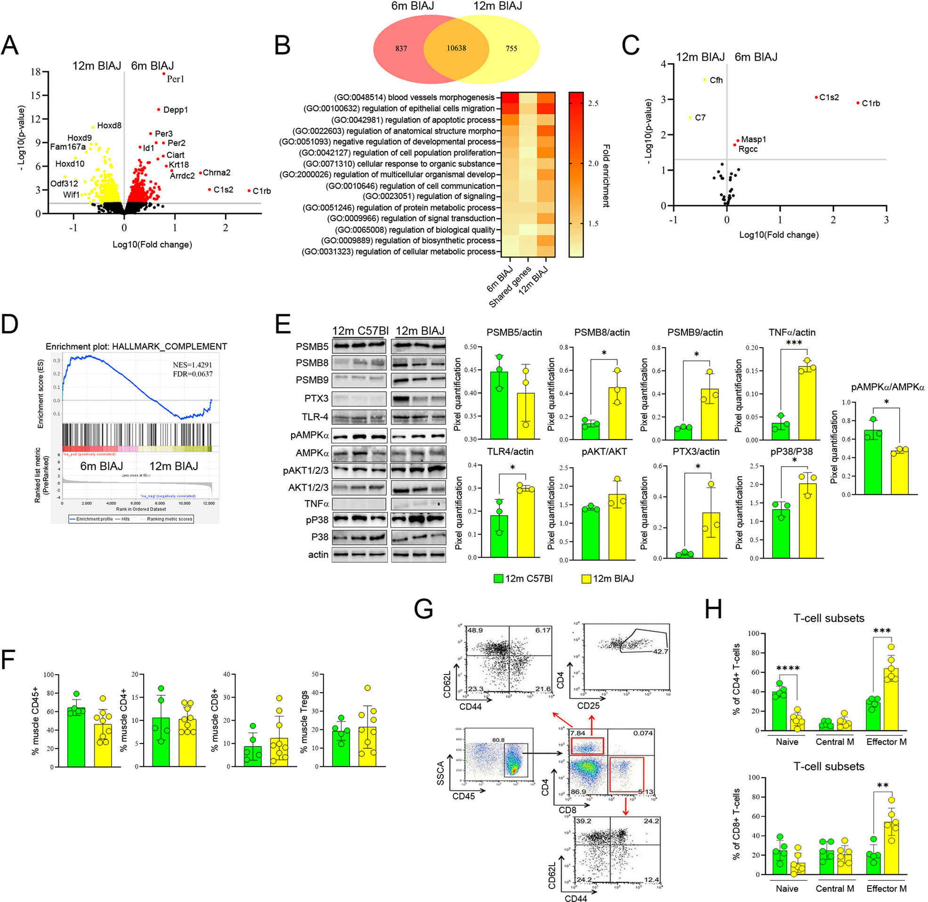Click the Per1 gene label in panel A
(x=175, y=79)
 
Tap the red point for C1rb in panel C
(x=858, y=103)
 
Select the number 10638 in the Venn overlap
(x=456, y=48)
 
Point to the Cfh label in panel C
(x=716, y=80)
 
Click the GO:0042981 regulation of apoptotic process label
(x=413, y=120)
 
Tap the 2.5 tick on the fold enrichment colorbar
(x=593, y=103)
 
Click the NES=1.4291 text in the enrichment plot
(x=192, y=365)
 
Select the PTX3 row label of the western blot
(x=316, y=399)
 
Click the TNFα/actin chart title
(x=792, y=333)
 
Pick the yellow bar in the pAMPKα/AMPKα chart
(x=899, y=472)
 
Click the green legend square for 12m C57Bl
(x=498, y=578)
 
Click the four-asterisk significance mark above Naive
(x=788, y=669)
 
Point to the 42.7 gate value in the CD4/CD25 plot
(x=660, y=651)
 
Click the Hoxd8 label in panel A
(x=109, y=126)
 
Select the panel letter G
(x=423, y=609)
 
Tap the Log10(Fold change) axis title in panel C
(x=779, y=234)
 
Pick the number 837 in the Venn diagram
(x=401, y=48)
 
